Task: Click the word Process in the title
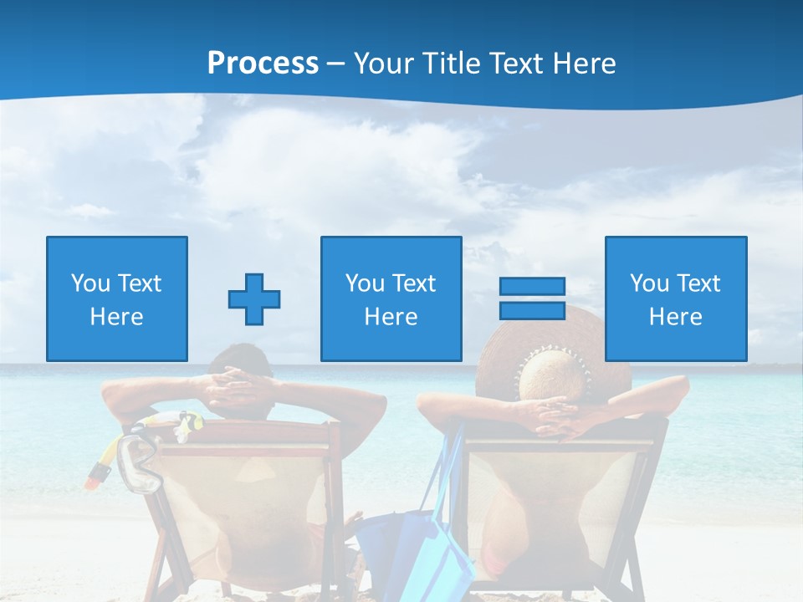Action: click(263, 63)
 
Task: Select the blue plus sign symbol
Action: click(254, 299)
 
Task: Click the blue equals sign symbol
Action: click(532, 298)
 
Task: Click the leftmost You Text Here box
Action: click(117, 299)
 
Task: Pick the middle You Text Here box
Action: click(391, 299)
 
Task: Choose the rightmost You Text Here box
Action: click(676, 299)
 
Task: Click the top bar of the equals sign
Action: click(532, 287)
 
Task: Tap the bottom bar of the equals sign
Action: click(532, 310)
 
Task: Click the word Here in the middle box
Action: click(391, 317)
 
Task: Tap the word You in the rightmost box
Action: click(649, 283)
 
